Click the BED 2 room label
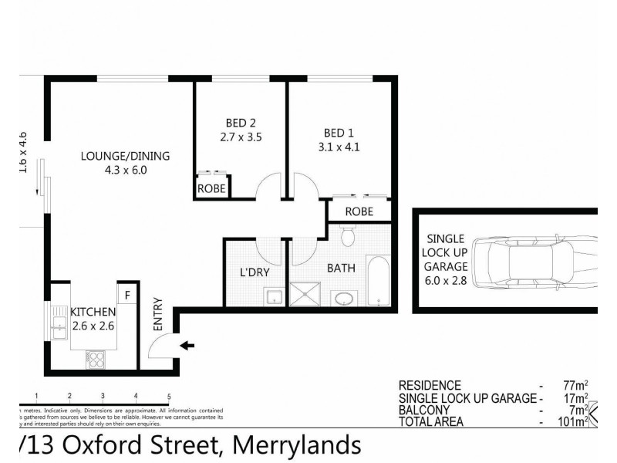[x=240, y=123]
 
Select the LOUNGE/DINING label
[x=125, y=156]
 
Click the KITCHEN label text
[x=93, y=312]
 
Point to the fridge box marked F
[x=126, y=295]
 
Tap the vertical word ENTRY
[x=158, y=315]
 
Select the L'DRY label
[x=253, y=272]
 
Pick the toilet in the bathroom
[x=346, y=235]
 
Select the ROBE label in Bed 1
[x=359, y=211]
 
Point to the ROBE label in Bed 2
[x=211, y=188]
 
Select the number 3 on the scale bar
[x=103, y=397]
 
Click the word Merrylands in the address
[x=296, y=446]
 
